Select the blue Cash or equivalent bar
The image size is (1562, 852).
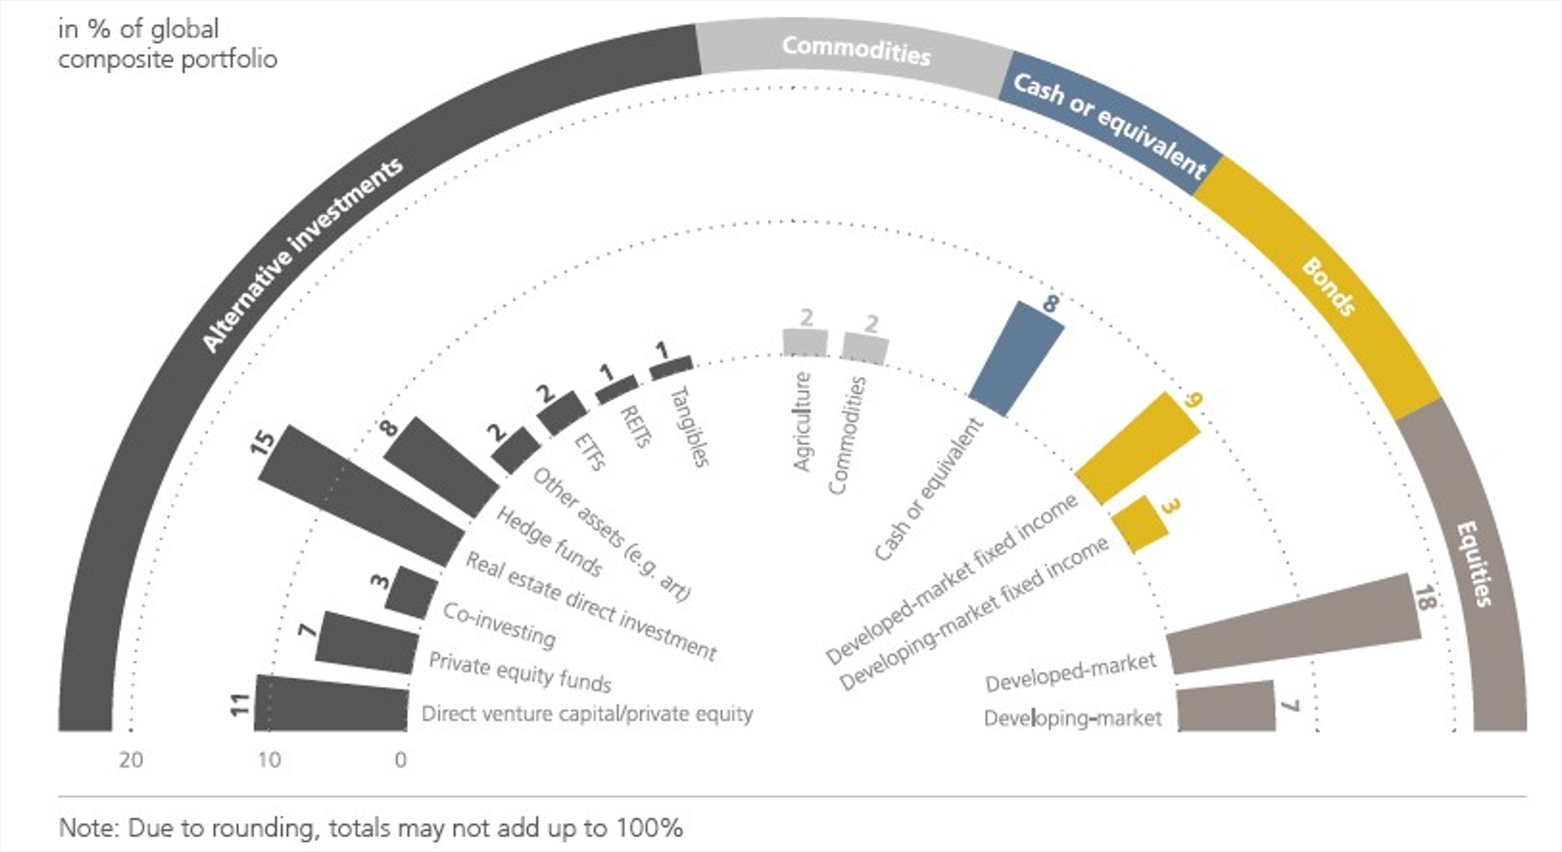click(1016, 359)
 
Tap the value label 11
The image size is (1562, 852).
click(241, 705)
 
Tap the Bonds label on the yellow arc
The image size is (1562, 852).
click(1328, 286)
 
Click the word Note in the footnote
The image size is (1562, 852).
click(88, 828)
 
